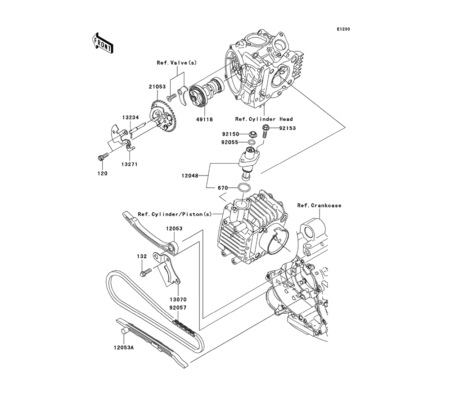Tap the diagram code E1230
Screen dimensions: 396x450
(343, 29)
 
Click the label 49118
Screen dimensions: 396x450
(204, 120)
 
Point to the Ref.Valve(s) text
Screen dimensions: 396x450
(176, 63)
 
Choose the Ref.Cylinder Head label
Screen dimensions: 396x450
(264, 119)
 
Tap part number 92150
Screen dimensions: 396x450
(230, 134)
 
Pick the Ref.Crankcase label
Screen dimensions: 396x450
(319, 206)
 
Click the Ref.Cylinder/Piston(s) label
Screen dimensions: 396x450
(175, 214)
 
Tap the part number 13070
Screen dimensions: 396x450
(178, 299)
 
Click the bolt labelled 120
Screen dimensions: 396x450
(103, 157)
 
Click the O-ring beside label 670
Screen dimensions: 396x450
(244, 188)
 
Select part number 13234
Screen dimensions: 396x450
(129, 117)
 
